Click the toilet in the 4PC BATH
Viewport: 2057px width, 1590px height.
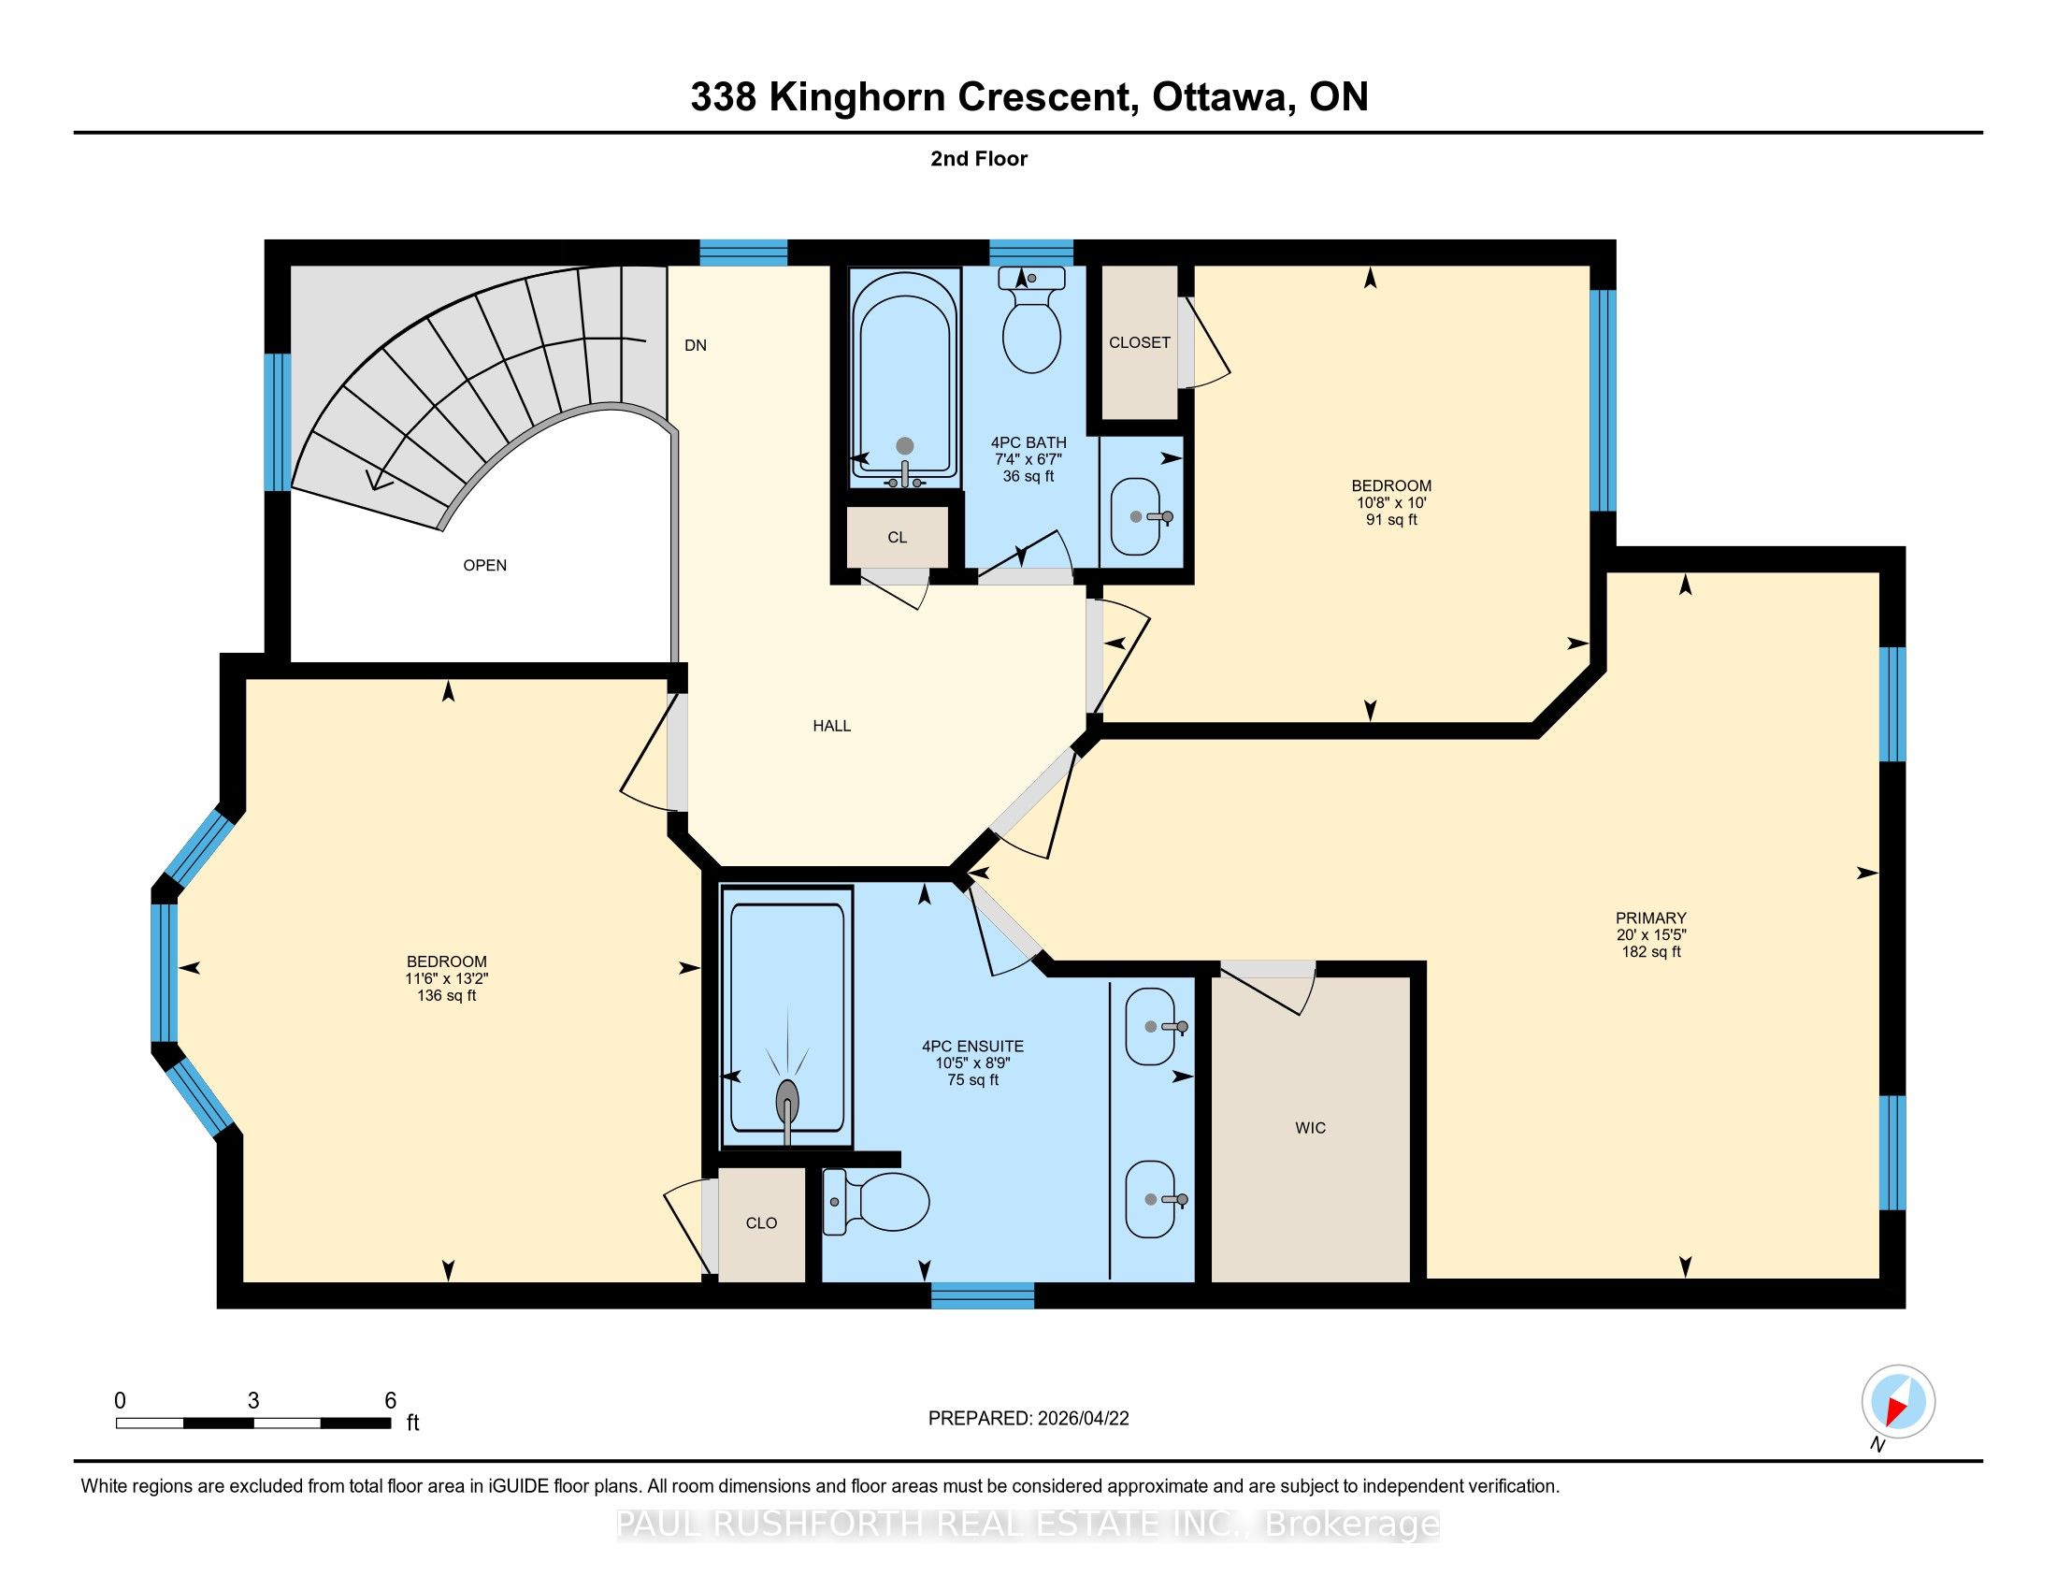click(1031, 319)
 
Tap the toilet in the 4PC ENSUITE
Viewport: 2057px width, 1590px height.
click(876, 1202)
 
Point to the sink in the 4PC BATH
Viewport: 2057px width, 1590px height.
click(1142, 516)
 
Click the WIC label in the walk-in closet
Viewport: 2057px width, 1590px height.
click(1310, 1128)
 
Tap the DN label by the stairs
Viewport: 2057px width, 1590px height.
click(695, 345)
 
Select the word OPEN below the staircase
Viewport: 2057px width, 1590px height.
click(485, 565)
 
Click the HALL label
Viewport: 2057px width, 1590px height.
click(831, 725)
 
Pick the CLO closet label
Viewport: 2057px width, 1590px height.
click(761, 1222)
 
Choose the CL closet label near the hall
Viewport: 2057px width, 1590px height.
click(897, 537)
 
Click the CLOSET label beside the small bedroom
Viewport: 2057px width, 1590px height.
click(1140, 342)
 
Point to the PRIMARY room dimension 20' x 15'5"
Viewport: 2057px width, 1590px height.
click(1651, 934)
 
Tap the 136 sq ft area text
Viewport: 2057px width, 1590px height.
click(446, 996)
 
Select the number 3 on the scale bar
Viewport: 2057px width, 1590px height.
click(253, 1401)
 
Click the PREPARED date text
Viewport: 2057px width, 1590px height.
click(1028, 1419)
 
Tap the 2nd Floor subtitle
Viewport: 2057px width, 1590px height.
click(979, 158)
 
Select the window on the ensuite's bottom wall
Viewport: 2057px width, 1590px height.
click(983, 1295)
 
